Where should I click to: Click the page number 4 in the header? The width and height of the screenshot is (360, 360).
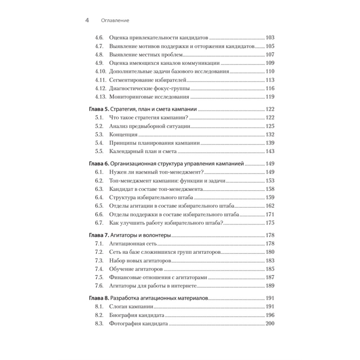click(87, 21)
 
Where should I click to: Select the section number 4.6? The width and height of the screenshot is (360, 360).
click(99, 37)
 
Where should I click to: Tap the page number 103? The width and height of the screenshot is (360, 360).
click(270, 37)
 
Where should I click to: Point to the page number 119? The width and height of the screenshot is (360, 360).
click(270, 97)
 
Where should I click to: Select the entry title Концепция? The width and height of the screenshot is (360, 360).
click(123, 135)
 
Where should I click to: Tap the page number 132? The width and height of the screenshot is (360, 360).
click(270, 135)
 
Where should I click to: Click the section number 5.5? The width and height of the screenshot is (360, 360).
click(99, 151)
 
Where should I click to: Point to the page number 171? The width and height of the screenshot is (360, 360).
click(270, 215)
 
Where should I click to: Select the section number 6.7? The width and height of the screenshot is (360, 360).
click(99, 223)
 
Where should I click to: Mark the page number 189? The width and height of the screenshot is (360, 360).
click(270, 286)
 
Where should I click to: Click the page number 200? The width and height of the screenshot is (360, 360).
click(270, 324)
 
